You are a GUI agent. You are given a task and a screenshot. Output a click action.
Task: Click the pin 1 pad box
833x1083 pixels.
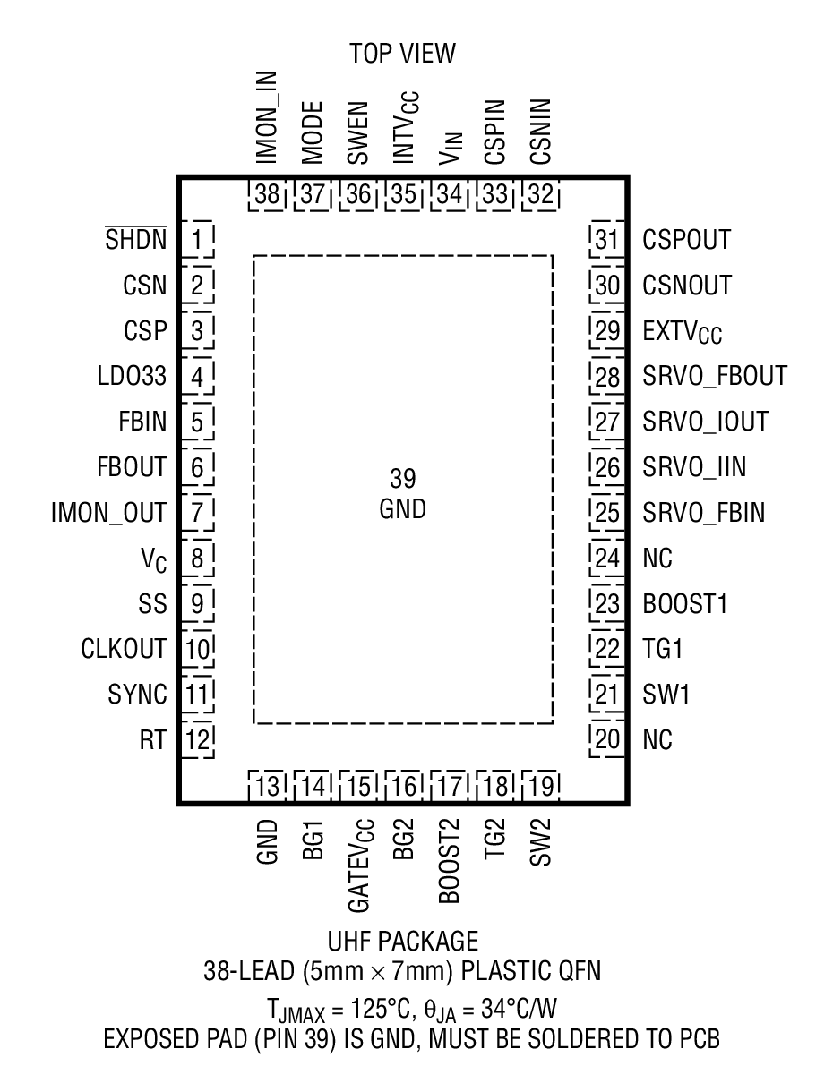click(x=197, y=240)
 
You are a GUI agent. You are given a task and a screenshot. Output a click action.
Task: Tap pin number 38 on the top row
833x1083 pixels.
click(x=267, y=194)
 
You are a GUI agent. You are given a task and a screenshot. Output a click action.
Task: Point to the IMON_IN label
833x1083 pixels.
click(x=267, y=116)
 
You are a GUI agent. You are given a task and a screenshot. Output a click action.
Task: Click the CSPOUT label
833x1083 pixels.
click(x=687, y=240)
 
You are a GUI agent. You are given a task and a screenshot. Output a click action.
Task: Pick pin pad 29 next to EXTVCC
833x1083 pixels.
click(x=607, y=331)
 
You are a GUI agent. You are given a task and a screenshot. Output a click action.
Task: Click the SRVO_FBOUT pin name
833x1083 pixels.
click(x=715, y=377)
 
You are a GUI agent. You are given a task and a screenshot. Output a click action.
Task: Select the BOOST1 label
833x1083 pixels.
click(x=685, y=603)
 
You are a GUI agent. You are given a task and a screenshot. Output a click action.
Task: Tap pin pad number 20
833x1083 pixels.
click(x=607, y=739)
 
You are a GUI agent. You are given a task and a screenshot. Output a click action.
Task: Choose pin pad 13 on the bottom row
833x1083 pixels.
click(x=267, y=787)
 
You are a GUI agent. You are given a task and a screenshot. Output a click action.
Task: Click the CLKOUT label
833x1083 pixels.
click(x=124, y=648)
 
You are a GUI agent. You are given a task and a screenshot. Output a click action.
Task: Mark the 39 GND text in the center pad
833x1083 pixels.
click(x=403, y=494)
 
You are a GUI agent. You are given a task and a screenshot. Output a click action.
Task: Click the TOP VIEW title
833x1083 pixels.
click(x=403, y=54)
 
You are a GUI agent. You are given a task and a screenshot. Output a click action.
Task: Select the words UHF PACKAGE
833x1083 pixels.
click(x=403, y=942)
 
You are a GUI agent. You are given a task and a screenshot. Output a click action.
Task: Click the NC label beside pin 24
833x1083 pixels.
click(x=657, y=559)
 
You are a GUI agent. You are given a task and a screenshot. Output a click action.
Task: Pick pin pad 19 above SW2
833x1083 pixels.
click(x=540, y=787)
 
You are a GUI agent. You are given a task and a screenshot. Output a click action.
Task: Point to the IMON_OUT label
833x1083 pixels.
click(x=108, y=513)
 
